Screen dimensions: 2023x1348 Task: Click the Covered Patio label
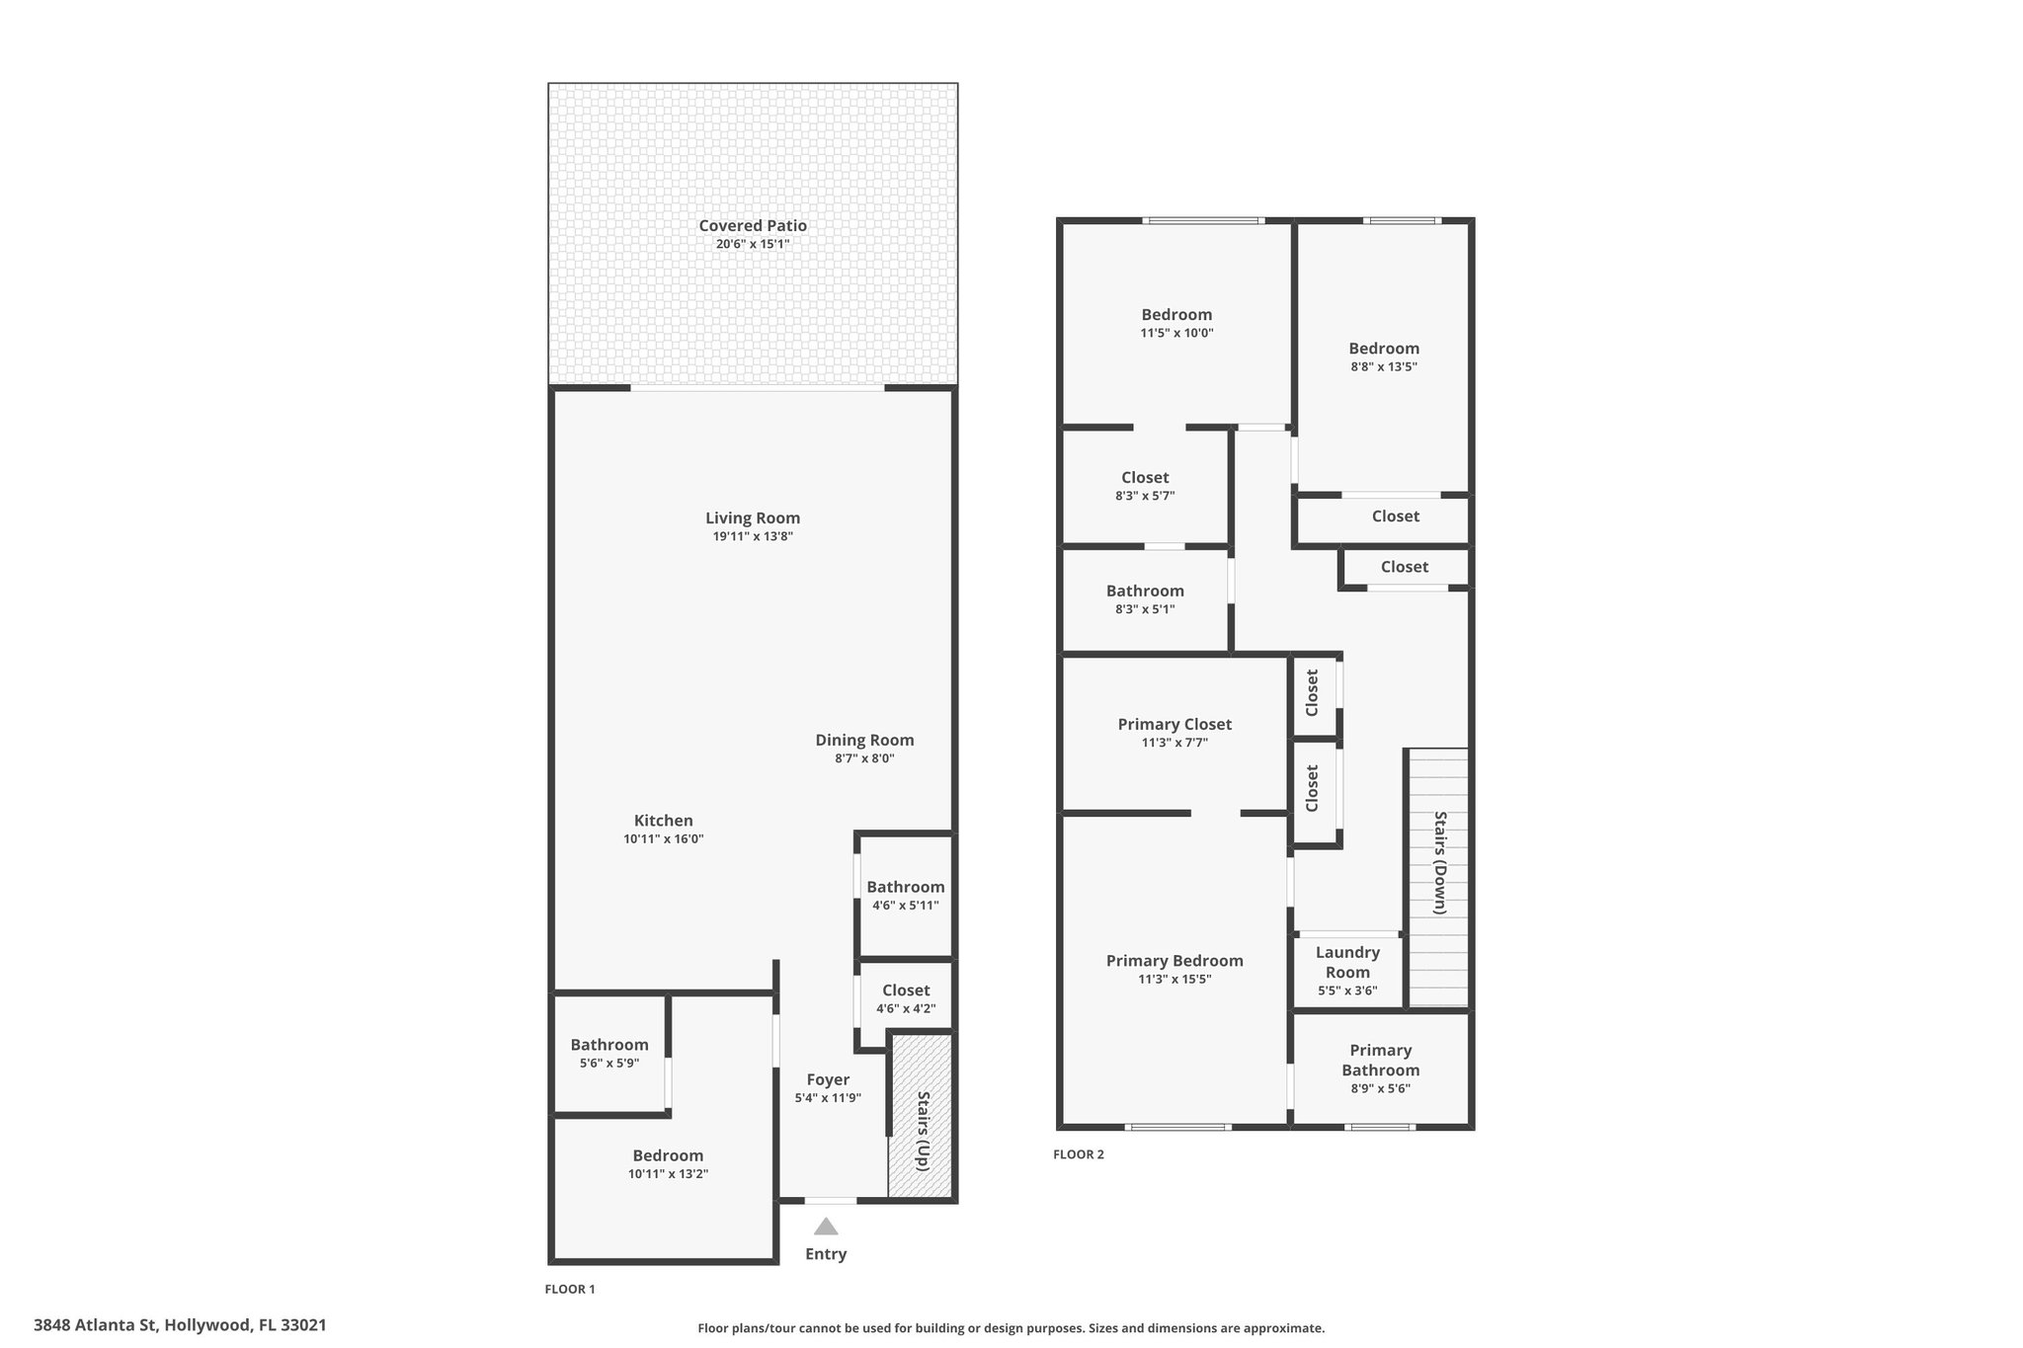753,225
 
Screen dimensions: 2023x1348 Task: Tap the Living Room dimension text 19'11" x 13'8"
753,536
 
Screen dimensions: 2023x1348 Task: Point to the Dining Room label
864,740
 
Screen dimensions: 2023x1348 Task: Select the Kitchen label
663,820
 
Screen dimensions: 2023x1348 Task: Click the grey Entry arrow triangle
826,1227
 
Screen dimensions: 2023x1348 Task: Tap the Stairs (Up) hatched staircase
921,1116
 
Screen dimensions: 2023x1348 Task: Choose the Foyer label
828,1079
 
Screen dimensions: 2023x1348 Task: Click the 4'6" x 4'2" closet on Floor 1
906,999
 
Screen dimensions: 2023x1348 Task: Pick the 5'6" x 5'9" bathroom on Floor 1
609,1054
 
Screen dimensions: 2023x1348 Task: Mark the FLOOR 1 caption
570,1289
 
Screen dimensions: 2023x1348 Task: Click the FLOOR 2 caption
1079,1154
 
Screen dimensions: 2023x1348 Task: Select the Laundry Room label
1347,962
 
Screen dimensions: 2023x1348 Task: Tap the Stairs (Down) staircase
1438,877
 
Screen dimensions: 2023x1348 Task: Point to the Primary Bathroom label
1381,1060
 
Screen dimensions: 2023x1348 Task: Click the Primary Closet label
1174,724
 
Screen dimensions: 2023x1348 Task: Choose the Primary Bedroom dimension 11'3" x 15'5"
1174,980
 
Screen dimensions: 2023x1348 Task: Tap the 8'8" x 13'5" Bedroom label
1384,348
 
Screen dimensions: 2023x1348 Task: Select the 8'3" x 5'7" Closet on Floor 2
1145,486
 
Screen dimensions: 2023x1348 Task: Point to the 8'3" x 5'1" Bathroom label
1145,591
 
